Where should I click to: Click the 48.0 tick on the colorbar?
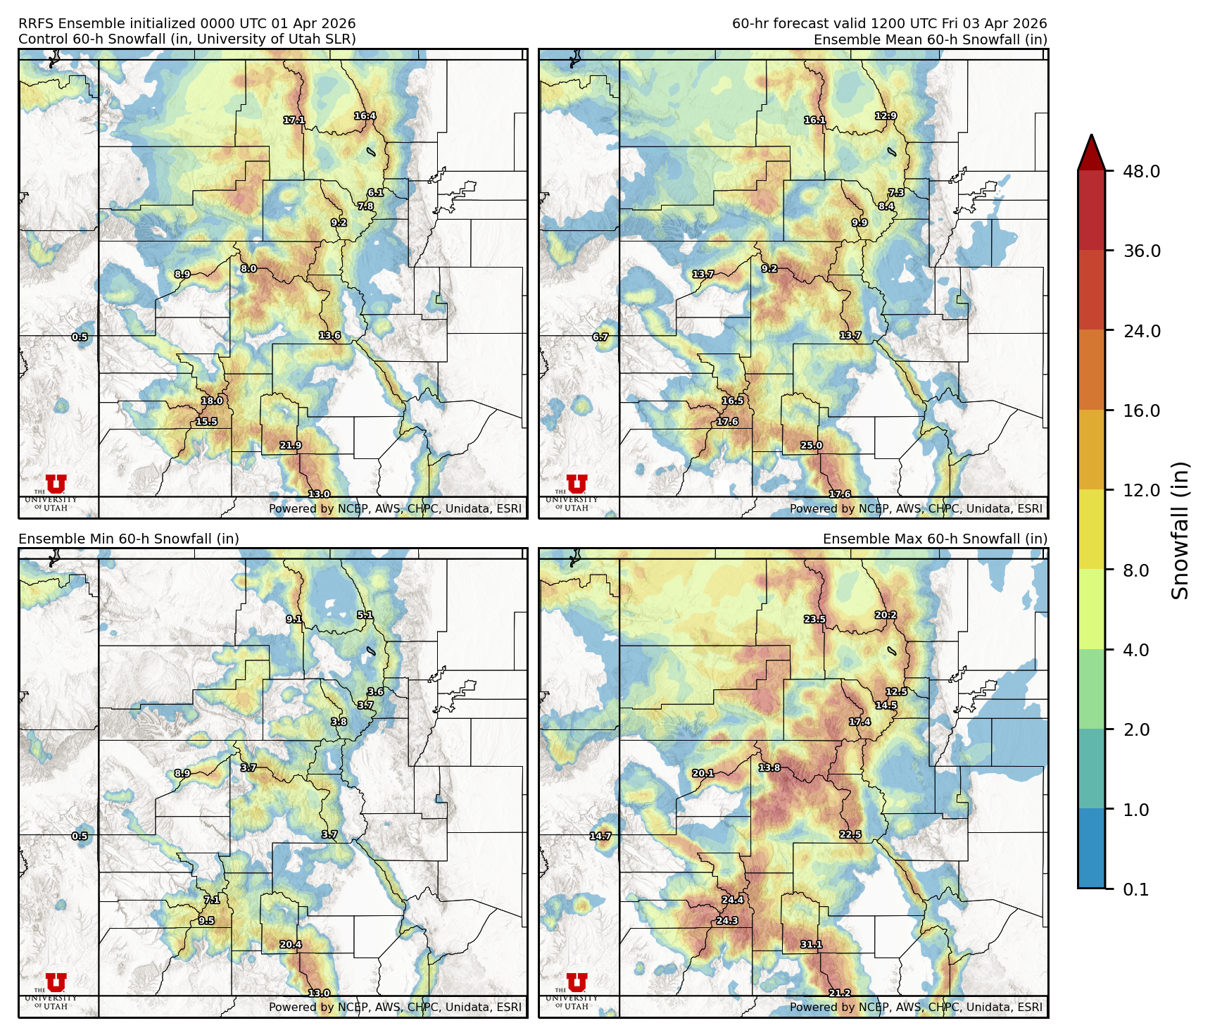1141,171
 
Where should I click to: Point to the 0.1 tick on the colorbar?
1135,889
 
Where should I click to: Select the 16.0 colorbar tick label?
1141,410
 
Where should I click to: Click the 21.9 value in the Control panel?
290,446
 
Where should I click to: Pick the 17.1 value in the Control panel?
294,120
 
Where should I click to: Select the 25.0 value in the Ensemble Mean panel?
811,446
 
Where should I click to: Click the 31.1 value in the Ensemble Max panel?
811,945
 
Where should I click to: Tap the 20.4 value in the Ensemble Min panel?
290,945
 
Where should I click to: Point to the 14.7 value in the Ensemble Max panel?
600,836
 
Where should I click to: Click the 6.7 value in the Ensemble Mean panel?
600,337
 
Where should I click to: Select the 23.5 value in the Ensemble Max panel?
814,620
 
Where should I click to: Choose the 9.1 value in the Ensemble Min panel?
294,620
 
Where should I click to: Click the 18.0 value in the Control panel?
212,401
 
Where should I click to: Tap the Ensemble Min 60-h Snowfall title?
129,539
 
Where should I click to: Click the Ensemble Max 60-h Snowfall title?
935,539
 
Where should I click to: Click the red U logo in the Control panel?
56,484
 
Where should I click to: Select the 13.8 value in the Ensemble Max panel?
769,768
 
